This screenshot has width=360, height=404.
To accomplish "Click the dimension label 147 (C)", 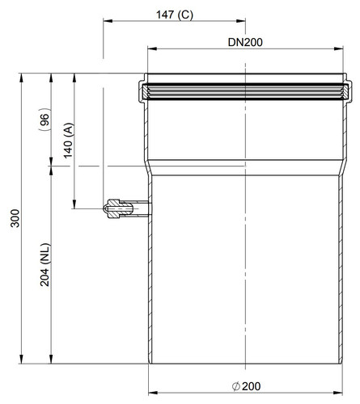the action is click(x=175, y=15).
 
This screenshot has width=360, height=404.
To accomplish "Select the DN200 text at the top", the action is click(x=245, y=42).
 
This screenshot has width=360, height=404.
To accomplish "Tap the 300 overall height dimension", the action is click(x=15, y=218).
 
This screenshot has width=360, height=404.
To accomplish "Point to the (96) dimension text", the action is click(x=44, y=120).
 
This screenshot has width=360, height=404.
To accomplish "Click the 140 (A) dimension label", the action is click(x=68, y=141).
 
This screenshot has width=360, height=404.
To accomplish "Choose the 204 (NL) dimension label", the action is click(x=45, y=264).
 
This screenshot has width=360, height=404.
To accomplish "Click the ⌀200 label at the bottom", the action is click(x=246, y=386).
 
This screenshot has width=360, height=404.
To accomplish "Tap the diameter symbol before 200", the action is click(x=236, y=387).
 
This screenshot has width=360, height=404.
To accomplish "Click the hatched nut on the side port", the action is click(x=113, y=208).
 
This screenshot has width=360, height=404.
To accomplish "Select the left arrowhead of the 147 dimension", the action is click(x=108, y=21).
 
